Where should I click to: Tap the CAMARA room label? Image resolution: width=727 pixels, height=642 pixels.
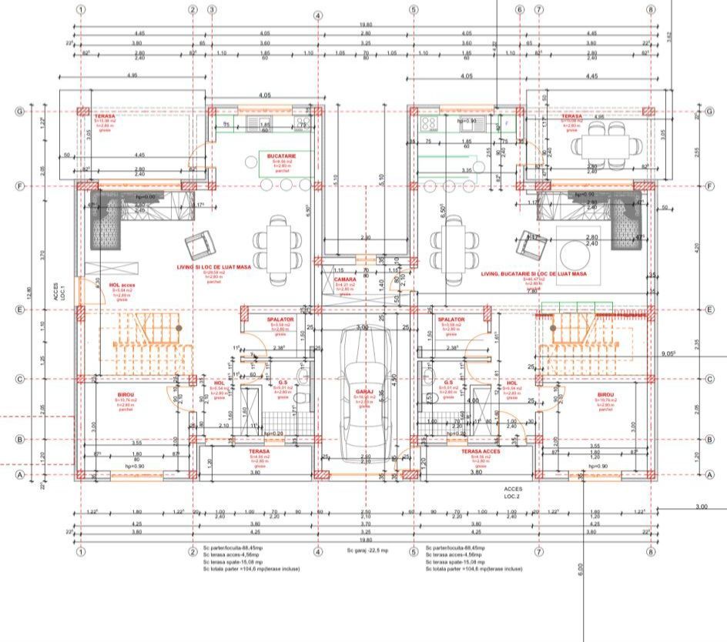(x=345, y=279)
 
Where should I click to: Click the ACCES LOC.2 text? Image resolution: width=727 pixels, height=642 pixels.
(x=513, y=492)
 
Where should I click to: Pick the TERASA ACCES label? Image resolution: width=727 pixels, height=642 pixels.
(x=481, y=452)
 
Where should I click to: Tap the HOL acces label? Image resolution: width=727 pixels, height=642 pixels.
(x=119, y=284)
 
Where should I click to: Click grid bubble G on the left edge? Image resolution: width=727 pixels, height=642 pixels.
(x=18, y=112)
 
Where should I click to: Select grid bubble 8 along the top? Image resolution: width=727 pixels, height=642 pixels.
(x=652, y=11)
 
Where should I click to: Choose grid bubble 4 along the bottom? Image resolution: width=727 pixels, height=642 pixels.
(x=317, y=551)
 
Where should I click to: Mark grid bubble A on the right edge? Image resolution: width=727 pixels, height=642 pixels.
(x=709, y=475)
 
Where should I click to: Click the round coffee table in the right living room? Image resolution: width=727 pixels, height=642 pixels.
(x=574, y=252)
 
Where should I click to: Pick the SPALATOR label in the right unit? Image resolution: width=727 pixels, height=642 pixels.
(x=451, y=319)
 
